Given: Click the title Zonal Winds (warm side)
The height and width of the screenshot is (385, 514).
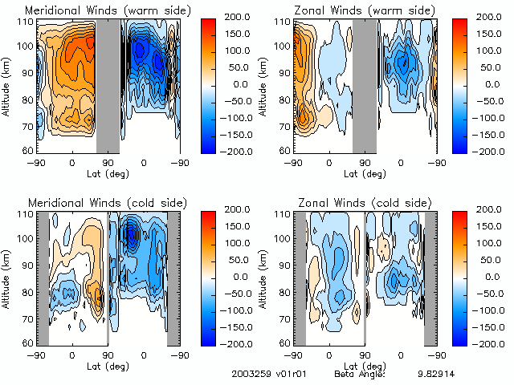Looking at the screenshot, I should [x=357, y=10].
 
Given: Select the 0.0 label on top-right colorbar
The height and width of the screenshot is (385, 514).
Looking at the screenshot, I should [x=491, y=84].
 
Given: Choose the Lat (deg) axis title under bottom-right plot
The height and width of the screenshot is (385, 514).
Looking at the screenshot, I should [x=365, y=365].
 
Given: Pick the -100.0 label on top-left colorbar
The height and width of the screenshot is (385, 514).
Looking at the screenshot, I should [x=235, y=117].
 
